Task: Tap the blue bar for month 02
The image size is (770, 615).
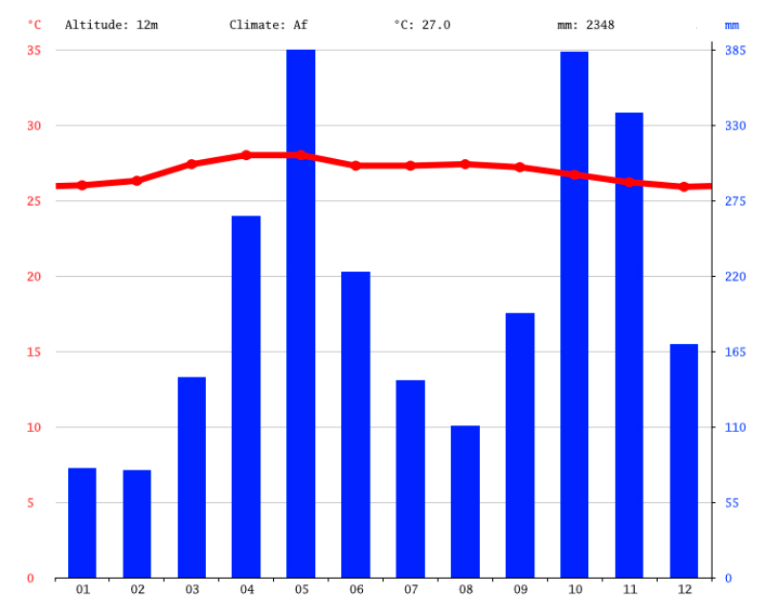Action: [137, 524]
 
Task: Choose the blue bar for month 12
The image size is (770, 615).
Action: [684, 461]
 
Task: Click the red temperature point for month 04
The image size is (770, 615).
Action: [246, 154]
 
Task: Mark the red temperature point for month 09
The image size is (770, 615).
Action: [520, 167]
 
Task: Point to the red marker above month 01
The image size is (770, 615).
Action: [82, 185]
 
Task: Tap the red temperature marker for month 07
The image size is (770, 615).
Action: [411, 165]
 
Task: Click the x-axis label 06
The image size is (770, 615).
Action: [356, 590]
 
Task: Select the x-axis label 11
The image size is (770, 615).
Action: [629, 590]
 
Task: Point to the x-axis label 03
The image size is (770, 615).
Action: [192, 590]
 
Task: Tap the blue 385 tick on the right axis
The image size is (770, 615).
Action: [734, 50]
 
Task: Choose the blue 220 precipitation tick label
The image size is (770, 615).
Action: [734, 276]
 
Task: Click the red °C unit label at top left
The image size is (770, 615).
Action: [34, 24]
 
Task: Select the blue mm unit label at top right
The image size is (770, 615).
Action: [732, 24]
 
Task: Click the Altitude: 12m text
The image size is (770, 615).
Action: [111, 24]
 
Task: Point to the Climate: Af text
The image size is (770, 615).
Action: [268, 24]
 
